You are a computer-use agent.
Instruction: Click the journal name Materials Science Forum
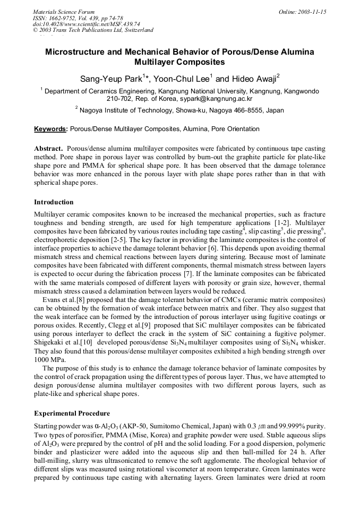tap(63, 11)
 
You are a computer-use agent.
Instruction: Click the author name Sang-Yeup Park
tap(111, 79)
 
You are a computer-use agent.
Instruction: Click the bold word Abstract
tap(48, 149)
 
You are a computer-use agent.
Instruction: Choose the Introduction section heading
tap(54, 202)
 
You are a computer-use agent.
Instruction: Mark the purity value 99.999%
tap(294, 425)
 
